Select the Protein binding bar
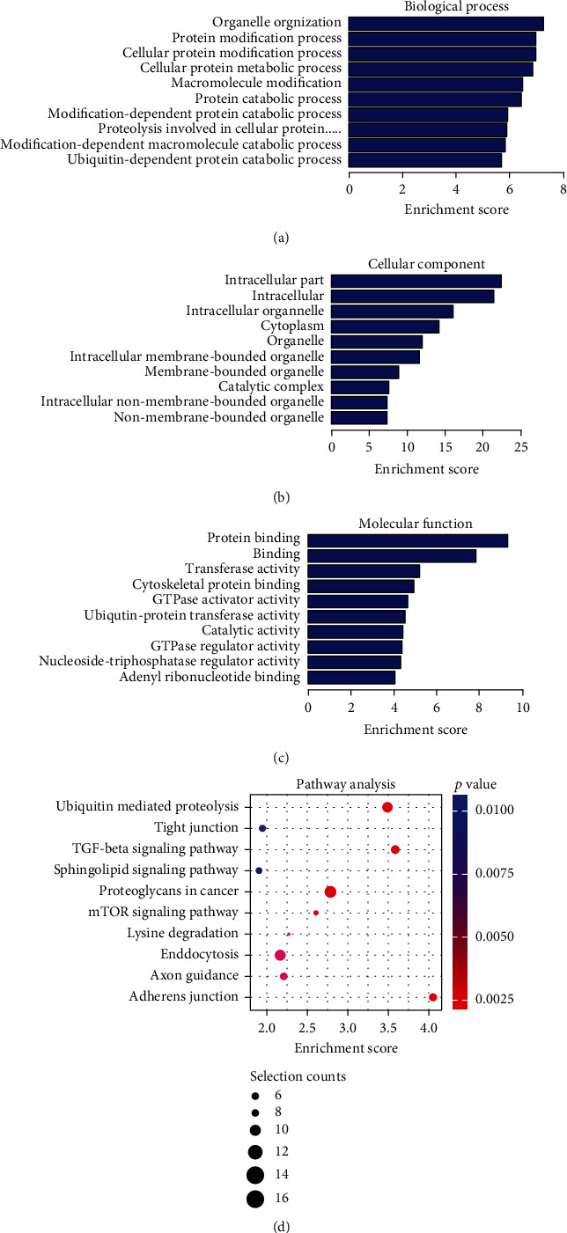[408, 539]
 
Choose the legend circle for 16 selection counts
[255, 1198]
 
